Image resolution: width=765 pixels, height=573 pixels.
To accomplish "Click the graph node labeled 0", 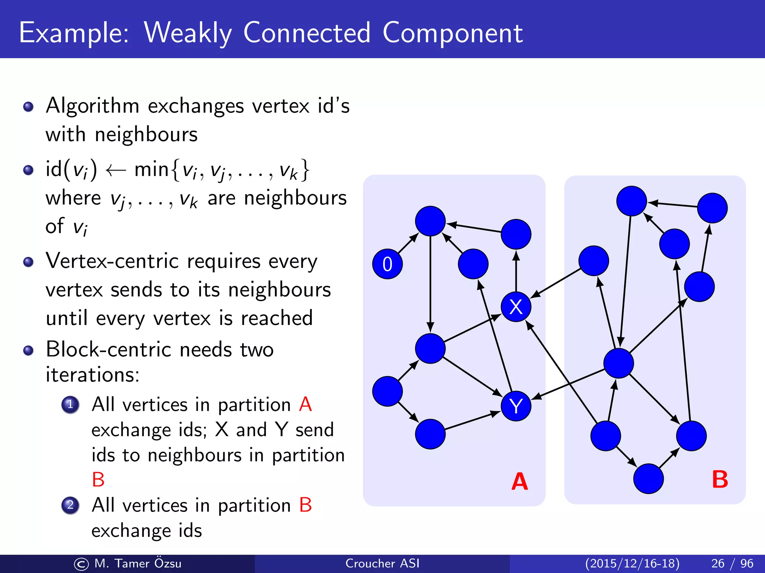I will [387, 264].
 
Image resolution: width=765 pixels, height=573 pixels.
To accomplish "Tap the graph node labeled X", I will [516, 307].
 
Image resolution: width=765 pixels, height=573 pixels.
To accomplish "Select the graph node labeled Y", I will [516, 406].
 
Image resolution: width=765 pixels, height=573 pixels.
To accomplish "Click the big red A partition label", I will [520, 482].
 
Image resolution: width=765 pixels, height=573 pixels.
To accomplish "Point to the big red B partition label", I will [720, 479].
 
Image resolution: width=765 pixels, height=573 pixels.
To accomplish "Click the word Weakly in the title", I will [188, 33].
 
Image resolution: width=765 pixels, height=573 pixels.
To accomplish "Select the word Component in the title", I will [452, 33].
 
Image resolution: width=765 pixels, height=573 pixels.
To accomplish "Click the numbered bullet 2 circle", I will [70, 505].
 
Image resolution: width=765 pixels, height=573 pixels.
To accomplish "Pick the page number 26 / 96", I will [732, 563].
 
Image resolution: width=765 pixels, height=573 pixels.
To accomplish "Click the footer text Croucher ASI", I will [382, 563].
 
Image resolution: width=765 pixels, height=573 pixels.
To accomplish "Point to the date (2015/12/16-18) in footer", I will [632, 563].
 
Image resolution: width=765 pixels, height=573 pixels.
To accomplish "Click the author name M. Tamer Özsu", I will [137, 563].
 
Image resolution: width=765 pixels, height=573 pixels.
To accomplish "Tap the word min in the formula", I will [151, 169].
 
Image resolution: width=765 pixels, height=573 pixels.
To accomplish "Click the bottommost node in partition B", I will [648, 479].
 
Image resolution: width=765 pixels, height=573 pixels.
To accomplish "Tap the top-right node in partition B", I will [712, 208].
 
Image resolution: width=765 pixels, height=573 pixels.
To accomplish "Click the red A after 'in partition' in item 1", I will [305, 404].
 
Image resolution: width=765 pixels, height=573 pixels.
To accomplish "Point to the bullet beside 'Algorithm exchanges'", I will [28, 107].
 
